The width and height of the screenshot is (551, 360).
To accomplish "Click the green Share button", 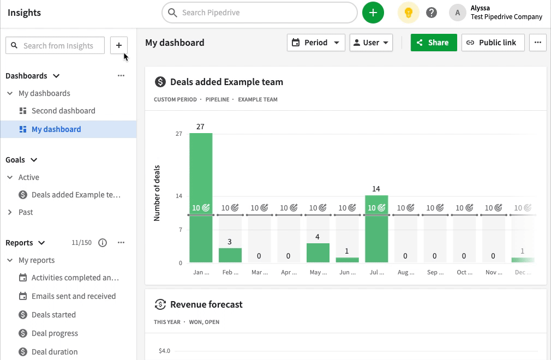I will (434, 43).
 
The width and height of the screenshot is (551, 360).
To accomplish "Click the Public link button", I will (493, 43).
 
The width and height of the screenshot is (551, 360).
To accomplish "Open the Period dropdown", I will (316, 43).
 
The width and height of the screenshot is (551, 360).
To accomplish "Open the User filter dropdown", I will (371, 43).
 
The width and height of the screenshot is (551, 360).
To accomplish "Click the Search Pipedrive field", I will (259, 13).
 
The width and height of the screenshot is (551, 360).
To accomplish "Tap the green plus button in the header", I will (373, 13).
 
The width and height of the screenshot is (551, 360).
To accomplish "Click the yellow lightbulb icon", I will (408, 13).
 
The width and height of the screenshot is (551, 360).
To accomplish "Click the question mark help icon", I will (432, 13).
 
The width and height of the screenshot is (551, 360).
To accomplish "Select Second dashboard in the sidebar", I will (63, 111).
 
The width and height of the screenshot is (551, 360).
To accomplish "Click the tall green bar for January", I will (201, 175).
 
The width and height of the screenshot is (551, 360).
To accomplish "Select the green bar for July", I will (376, 235).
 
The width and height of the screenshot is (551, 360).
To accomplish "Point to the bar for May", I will (318, 253).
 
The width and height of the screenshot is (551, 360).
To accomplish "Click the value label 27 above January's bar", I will (200, 127).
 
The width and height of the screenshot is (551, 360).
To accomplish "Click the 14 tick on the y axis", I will (179, 196).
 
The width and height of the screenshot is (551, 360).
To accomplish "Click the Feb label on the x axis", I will (230, 272).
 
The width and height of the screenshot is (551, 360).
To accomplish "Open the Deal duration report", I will (55, 352).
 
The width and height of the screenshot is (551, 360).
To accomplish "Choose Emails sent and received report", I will (74, 296).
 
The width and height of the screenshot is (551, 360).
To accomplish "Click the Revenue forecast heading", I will (206, 304).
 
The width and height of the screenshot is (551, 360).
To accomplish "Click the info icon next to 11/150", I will (103, 243).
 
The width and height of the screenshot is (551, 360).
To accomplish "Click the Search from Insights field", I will (58, 46).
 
